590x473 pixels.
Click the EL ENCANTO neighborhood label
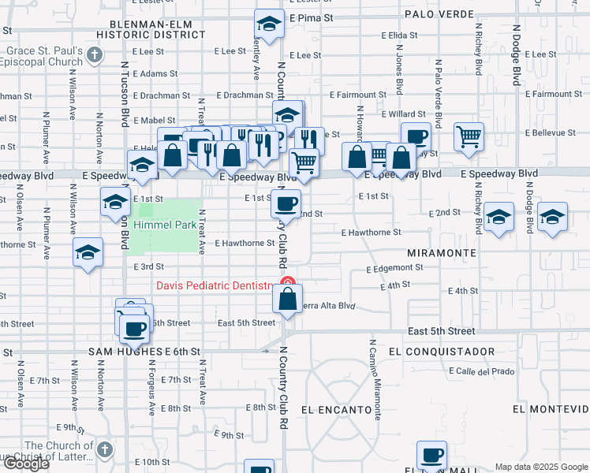336,410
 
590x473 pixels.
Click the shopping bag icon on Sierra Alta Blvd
288,299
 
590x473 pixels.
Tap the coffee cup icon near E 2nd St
286,203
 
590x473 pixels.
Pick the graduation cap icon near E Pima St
269,24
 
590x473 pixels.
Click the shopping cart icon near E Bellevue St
469,136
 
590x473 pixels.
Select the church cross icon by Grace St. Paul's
95,54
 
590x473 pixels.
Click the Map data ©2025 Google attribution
541,467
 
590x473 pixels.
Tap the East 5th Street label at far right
442,332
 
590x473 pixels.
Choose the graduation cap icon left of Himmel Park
115,202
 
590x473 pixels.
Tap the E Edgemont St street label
395,268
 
